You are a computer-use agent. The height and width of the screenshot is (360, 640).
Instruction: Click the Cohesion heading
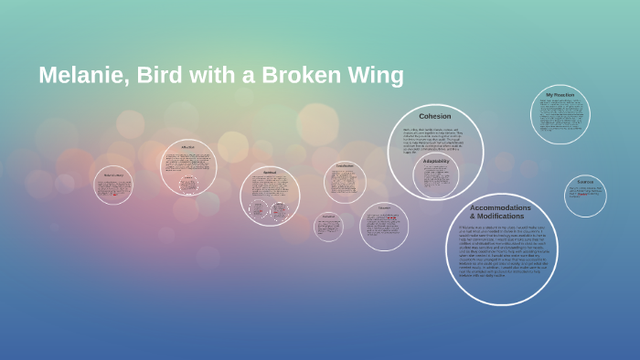point(434,116)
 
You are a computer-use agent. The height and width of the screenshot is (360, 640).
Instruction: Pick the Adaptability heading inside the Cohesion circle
point(436,161)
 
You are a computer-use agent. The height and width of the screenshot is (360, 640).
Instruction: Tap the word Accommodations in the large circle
point(500,207)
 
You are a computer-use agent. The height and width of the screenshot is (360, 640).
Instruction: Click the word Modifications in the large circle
point(500,217)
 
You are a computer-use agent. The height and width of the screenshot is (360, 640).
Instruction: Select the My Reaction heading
point(560,95)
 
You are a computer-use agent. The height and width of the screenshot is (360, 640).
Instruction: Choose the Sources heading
point(585,181)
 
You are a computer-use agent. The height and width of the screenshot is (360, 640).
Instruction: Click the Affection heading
point(187,147)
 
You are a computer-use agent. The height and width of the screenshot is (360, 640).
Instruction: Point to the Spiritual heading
point(270,172)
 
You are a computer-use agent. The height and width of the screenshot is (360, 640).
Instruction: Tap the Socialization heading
point(345,165)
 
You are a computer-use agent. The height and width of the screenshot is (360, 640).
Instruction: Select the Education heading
point(384,207)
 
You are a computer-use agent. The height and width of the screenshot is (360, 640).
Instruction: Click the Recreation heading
point(328,217)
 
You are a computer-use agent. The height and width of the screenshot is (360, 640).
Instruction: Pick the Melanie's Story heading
point(113,175)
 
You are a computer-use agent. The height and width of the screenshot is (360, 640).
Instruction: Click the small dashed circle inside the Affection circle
point(188,184)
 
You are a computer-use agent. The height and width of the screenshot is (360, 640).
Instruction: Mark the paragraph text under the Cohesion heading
point(434,140)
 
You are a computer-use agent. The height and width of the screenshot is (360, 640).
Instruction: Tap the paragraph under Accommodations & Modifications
point(500,250)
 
